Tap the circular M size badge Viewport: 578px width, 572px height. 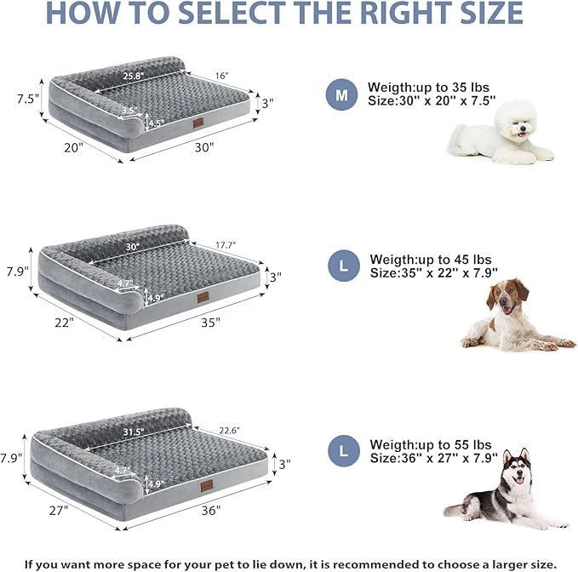[x=342, y=94]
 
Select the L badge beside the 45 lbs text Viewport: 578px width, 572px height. [x=344, y=266]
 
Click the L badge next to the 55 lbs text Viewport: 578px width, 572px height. [x=344, y=451]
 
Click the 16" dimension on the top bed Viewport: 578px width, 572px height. [x=222, y=77]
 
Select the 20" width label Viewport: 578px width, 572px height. [x=73, y=146]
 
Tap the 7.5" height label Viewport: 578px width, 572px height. [x=27, y=98]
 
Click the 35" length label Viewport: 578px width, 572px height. [x=212, y=322]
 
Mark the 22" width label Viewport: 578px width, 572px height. [x=64, y=323]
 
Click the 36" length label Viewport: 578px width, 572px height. [x=212, y=510]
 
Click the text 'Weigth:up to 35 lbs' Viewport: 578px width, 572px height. [x=429, y=87]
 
